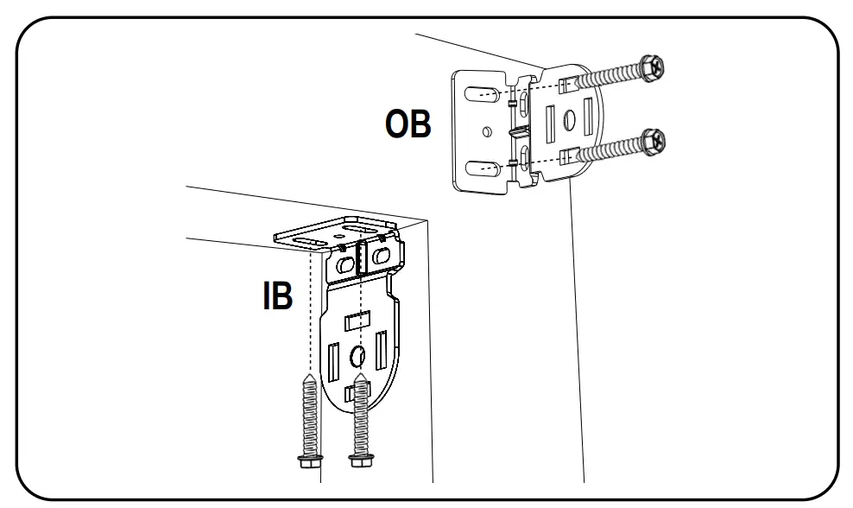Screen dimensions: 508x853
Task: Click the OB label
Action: [408, 124]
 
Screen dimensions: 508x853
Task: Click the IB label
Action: [278, 295]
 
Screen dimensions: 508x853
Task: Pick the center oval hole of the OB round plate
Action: [569, 121]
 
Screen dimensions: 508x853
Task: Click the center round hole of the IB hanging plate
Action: [357, 357]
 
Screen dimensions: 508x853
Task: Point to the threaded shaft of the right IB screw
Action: [358, 415]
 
